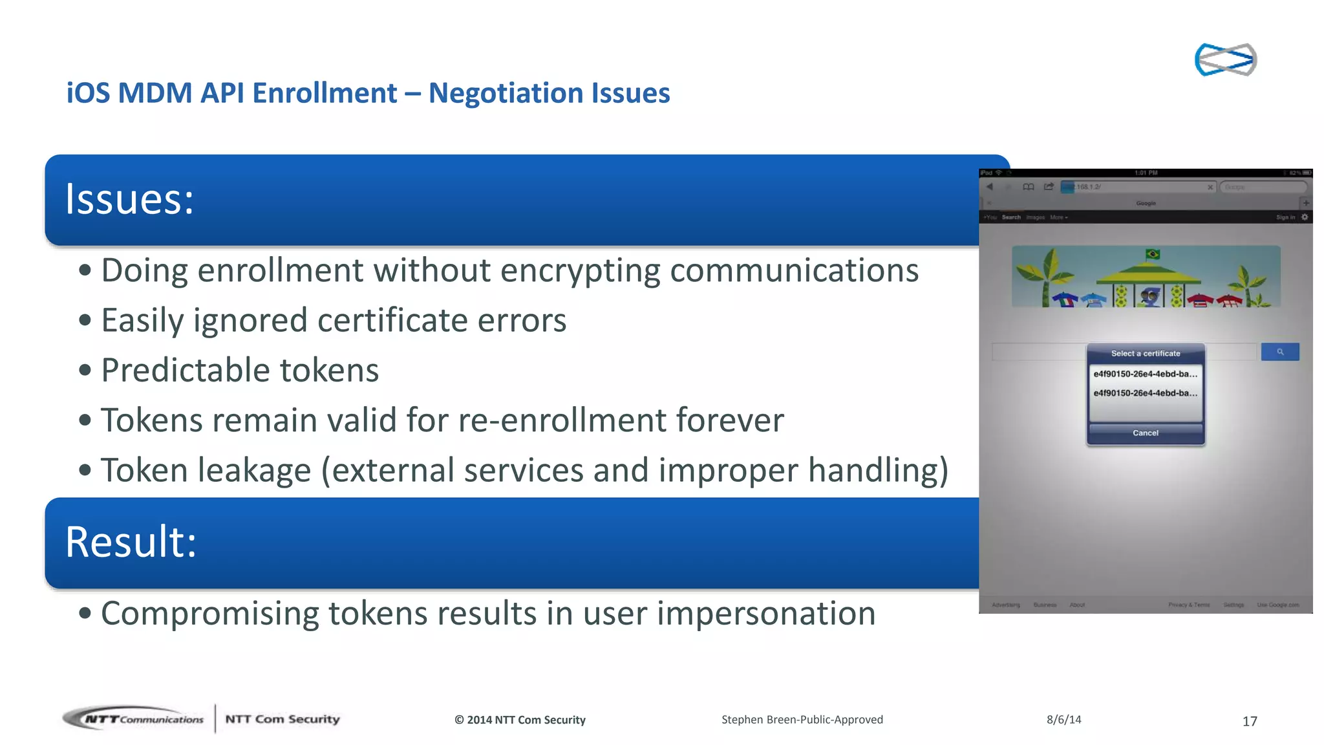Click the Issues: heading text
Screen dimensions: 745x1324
129,199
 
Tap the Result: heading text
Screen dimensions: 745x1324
131,542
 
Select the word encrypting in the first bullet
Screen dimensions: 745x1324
580,270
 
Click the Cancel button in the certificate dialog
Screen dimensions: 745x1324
1145,433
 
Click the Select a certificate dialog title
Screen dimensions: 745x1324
1145,354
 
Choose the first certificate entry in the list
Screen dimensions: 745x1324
1145,374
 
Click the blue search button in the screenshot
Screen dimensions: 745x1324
1279,352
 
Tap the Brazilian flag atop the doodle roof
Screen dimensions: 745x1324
1152,254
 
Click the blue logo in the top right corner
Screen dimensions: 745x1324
1225,59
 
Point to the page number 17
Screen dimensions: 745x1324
1249,721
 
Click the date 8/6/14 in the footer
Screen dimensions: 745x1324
1063,719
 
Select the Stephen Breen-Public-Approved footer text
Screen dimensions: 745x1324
802,719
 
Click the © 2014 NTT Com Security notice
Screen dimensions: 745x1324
520,720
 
